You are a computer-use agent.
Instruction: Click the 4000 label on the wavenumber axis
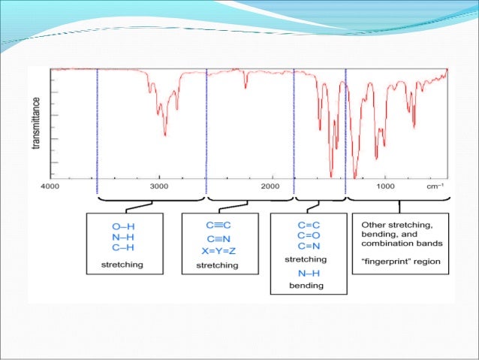pos(50,185)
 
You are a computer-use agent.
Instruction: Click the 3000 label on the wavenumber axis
pos(158,185)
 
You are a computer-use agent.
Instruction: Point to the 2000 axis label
pos(271,185)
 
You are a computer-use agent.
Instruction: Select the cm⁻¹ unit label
pos(435,185)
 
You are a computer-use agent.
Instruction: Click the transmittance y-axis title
pos(36,123)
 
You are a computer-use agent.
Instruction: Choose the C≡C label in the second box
pos(217,225)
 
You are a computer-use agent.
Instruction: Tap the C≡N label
pos(217,236)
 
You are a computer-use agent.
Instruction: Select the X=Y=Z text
pos(217,247)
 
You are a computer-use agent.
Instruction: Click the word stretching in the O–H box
pos(123,265)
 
